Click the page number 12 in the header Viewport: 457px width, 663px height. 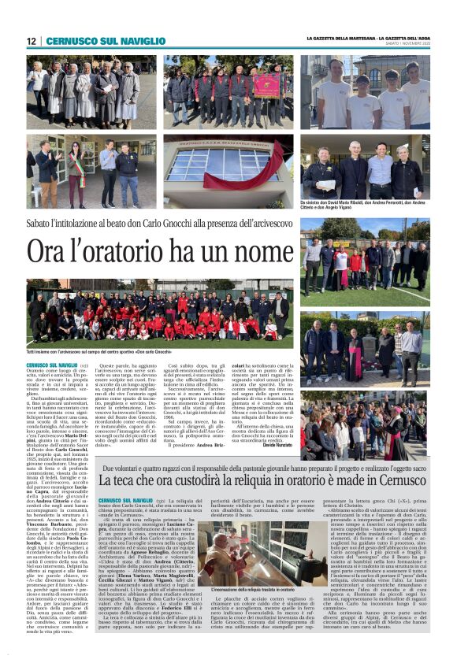[32, 41]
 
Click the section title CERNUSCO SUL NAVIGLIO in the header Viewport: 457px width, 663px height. [94, 41]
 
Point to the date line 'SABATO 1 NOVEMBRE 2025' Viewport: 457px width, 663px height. [410, 44]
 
